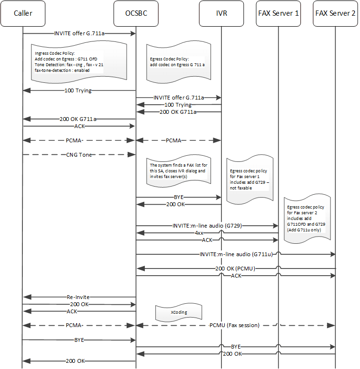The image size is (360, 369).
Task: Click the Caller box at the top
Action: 23,13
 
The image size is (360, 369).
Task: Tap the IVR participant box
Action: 221,13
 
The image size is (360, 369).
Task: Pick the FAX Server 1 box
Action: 279,13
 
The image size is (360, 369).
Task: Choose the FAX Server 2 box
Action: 335,13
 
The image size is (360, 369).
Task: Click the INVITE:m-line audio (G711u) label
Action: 236,255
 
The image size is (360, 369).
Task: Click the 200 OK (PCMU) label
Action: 235,269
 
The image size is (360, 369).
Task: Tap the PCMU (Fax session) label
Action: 236,325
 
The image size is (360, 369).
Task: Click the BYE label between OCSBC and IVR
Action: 179,197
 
